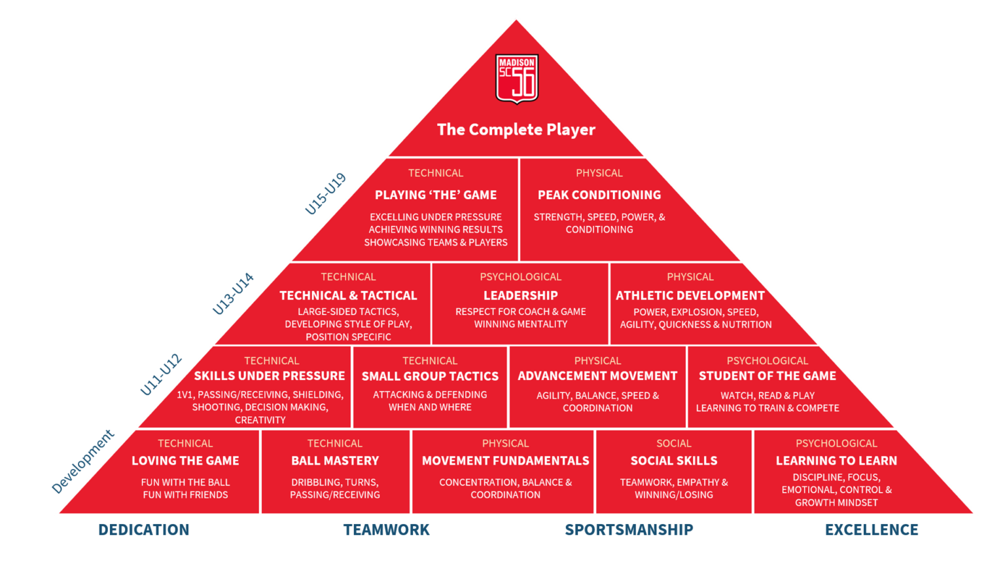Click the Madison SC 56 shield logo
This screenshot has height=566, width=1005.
click(x=517, y=79)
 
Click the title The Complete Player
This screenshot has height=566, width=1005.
click(x=516, y=130)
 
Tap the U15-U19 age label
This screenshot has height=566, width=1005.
click(x=325, y=194)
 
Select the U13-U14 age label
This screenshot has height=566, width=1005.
click(x=233, y=293)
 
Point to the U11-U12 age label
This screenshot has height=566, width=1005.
click(x=161, y=375)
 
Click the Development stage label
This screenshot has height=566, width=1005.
click(x=83, y=461)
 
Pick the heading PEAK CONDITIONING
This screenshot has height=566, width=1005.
click(x=599, y=195)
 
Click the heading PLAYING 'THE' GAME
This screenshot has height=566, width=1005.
click(x=436, y=195)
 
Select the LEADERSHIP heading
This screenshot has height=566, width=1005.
click(x=521, y=295)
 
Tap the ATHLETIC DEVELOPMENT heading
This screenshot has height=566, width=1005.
click(x=690, y=295)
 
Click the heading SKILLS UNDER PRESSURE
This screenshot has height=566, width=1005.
click(x=270, y=376)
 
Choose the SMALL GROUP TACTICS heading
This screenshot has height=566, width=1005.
click(x=430, y=377)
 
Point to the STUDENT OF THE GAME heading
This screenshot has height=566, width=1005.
click(x=767, y=376)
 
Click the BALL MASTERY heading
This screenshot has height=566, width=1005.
click(x=335, y=461)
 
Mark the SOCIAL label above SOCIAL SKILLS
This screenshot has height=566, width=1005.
click(x=674, y=443)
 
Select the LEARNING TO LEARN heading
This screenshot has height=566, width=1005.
click(x=836, y=461)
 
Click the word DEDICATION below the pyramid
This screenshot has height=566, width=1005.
click(x=144, y=530)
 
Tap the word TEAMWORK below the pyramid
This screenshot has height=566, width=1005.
click(x=387, y=530)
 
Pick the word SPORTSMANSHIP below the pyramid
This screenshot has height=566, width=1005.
click(x=629, y=530)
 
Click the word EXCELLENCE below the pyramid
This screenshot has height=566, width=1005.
click(x=872, y=530)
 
